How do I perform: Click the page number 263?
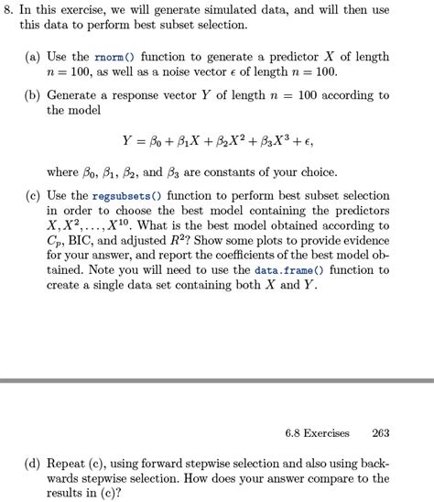tap(380, 433)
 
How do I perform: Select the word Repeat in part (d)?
tap(72, 464)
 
